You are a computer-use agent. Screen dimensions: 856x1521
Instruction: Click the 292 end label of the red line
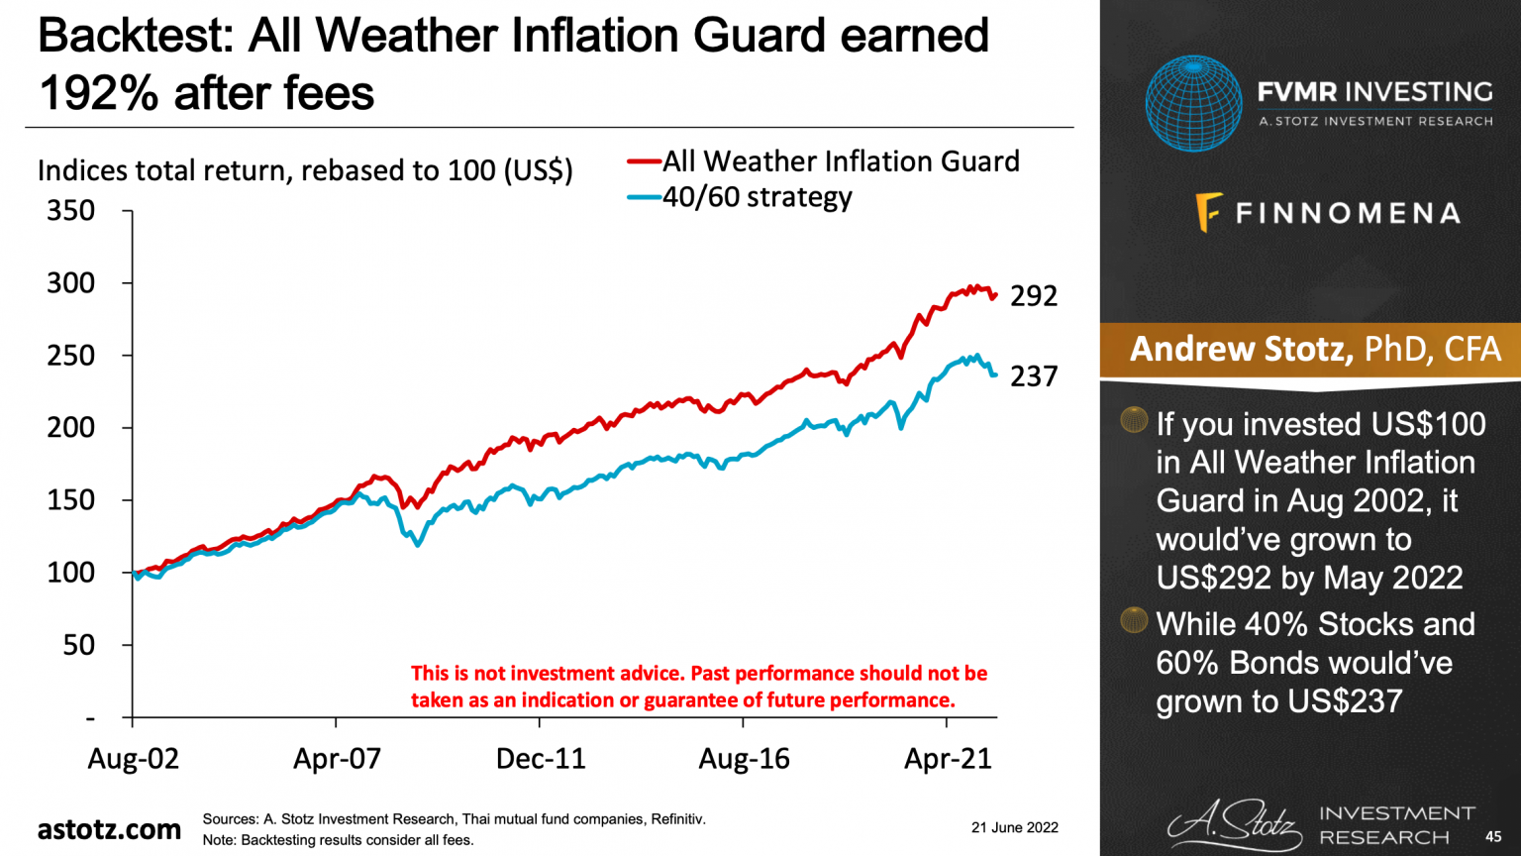click(x=1033, y=296)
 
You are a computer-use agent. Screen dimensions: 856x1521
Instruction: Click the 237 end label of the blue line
click(x=1033, y=376)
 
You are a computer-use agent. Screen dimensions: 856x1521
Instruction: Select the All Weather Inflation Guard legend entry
click(x=840, y=161)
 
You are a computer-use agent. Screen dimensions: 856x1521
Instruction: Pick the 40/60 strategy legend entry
click(x=757, y=197)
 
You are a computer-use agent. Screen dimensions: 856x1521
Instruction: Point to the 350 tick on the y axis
click(x=71, y=211)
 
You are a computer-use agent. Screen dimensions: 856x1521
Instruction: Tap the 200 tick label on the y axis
click(x=71, y=428)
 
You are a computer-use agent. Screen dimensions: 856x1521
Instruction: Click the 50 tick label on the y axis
click(x=78, y=645)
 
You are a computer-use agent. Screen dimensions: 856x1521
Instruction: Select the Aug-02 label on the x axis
click(x=134, y=759)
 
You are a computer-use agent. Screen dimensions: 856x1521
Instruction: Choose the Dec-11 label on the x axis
click(x=541, y=759)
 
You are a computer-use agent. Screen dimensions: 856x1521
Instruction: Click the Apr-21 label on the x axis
click(x=948, y=759)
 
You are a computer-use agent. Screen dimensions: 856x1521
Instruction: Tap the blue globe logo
click(x=1193, y=104)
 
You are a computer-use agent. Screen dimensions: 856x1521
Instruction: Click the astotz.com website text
click(x=109, y=829)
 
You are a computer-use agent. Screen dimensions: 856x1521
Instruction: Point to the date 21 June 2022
click(x=1014, y=827)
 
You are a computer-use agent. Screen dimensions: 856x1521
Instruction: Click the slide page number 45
click(x=1493, y=837)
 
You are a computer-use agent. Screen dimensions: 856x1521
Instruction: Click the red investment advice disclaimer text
click(x=698, y=687)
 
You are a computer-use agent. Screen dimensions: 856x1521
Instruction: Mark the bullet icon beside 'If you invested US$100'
click(x=1134, y=420)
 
